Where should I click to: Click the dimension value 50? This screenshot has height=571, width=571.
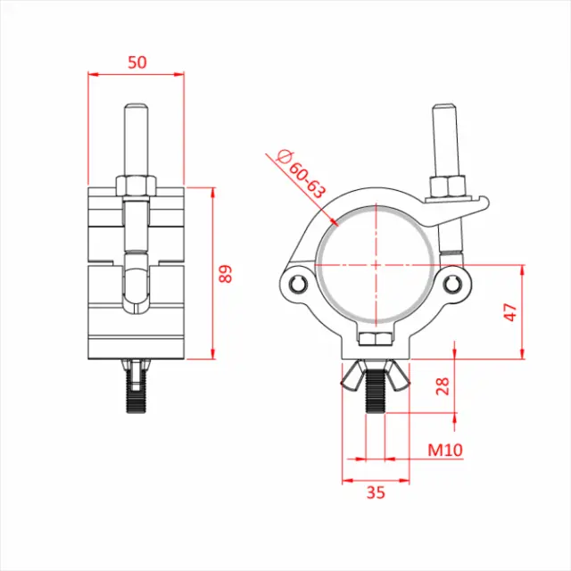coord(136,62)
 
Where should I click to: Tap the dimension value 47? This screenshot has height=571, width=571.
coord(509,311)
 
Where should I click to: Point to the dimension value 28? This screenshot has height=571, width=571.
coord(443,385)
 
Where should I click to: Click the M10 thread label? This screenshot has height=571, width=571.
coord(444,450)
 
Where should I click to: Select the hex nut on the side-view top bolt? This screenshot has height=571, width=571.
coord(137,186)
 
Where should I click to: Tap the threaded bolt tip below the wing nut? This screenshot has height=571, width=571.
coord(376,400)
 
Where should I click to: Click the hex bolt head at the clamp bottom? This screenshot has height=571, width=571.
coord(374,338)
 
